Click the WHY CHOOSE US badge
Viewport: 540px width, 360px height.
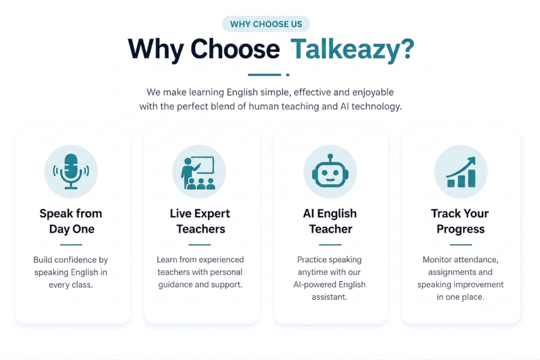coord(266,24)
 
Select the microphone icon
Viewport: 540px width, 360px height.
coord(71,171)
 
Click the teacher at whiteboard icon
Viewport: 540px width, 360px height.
coord(198,173)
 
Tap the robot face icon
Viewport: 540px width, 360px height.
coord(330,171)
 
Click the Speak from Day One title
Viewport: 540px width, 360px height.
coord(71,221)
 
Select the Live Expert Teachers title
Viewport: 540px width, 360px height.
coord(200,221)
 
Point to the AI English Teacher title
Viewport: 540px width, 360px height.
coord(330,221)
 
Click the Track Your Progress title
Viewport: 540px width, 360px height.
coord(460,221)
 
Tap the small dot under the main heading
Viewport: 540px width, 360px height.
coord(287,75)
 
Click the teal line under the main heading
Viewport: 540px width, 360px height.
coord(265,75)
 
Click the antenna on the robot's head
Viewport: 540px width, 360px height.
coord(330,158)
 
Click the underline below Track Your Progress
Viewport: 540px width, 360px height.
coord(460,245)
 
